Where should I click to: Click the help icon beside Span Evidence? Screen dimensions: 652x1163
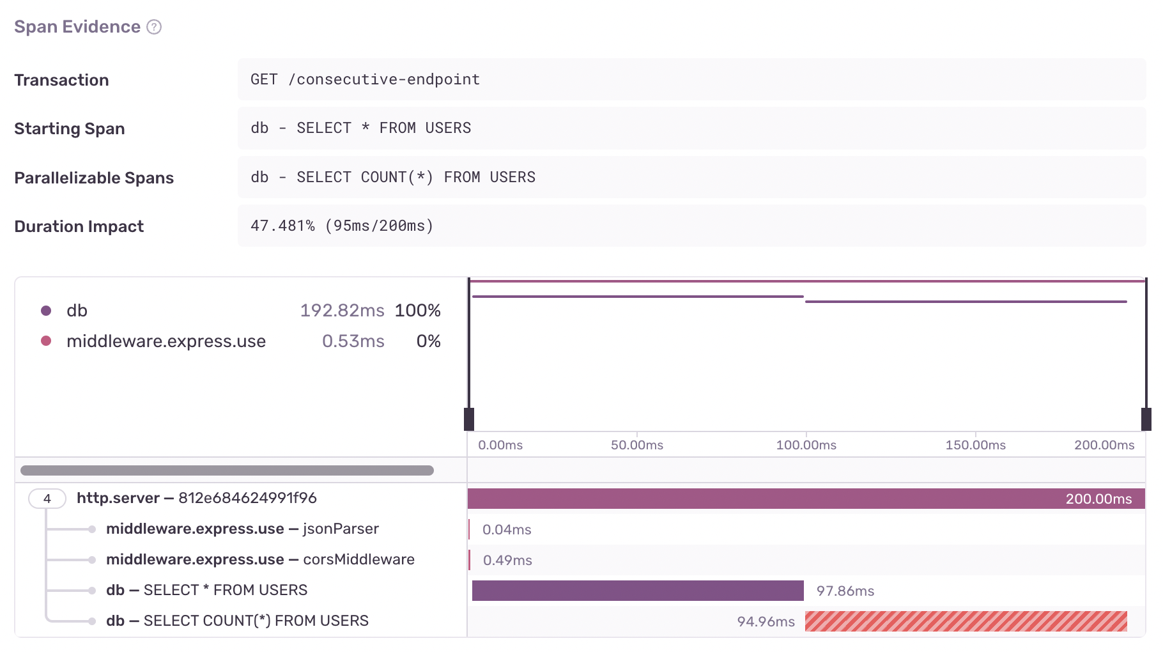154,27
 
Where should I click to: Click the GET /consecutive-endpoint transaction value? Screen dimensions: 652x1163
365,79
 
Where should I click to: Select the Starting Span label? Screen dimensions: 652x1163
69,128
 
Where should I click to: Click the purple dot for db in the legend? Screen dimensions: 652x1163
46,311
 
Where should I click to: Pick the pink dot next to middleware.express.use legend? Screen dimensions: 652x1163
46,341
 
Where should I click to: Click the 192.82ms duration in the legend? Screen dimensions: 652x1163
342,311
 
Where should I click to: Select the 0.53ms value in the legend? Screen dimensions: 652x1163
353,341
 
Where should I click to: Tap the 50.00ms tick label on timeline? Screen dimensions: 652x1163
636,445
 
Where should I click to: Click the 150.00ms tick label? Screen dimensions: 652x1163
975,445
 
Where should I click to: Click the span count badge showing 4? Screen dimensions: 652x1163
47,499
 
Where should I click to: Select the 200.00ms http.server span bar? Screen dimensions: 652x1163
805,499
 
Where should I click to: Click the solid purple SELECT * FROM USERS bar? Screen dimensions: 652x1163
638,591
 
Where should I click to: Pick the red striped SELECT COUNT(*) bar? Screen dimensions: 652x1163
966,621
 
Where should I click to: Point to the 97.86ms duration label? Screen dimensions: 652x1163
845,591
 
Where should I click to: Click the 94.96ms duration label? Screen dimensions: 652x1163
766,622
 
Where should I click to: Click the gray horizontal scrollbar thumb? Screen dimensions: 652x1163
227,470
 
